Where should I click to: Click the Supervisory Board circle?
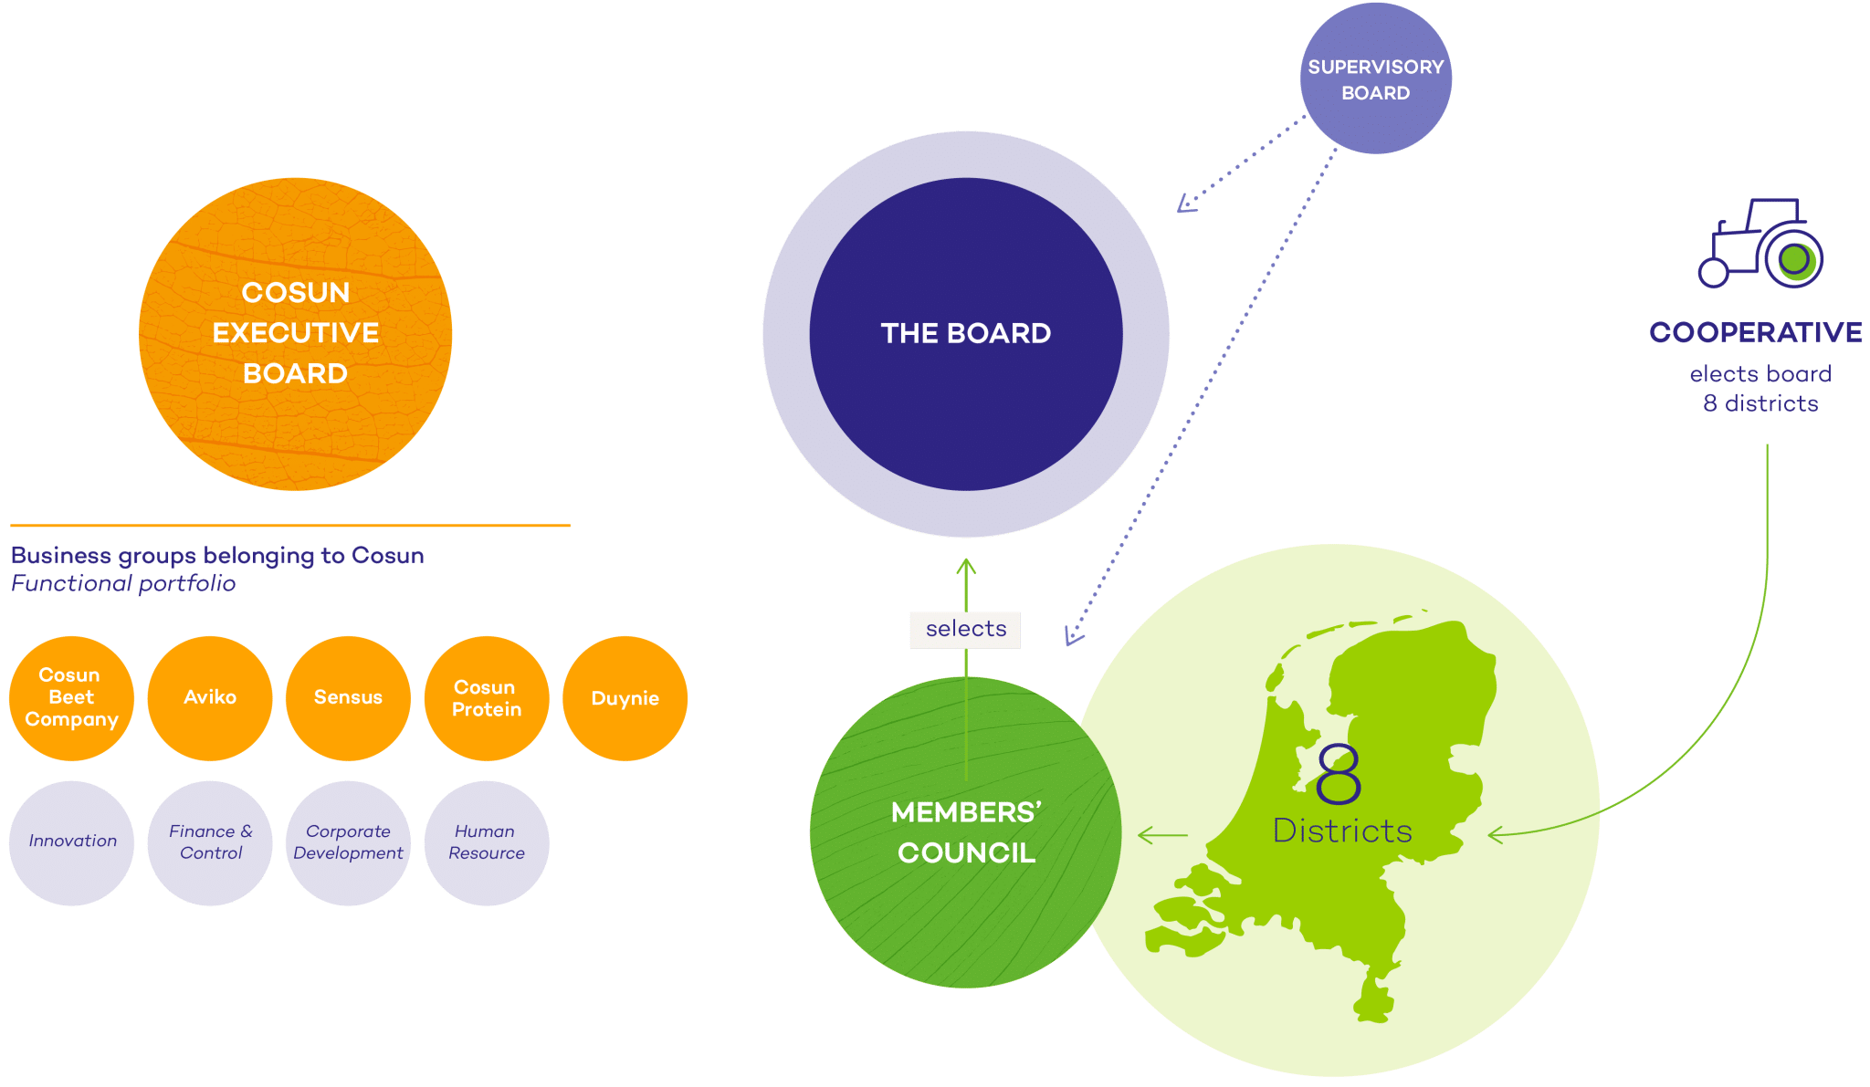tap(1375, 79)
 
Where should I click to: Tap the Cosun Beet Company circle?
tap(71, 698)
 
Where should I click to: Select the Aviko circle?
tap(210, 698)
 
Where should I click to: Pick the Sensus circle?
tap(348, 698)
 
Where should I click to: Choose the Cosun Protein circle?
tap(487, 698)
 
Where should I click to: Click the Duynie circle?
tap(625, 698)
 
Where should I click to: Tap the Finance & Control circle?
tap(210, 842)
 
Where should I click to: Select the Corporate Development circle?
tap(348, 842)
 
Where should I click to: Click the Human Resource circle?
tap(487, 842)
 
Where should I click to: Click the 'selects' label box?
tap(965, 630)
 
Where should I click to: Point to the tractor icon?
tap(1760, 245)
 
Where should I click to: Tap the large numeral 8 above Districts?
tap(1339, 773)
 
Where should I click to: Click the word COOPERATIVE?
tap(1756, 332)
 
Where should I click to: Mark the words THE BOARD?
tap(965, 334)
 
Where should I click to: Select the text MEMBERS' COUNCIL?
tap(966, 832)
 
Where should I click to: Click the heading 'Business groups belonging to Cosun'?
tap(217, 556)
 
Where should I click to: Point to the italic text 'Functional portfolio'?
tap(123, 584)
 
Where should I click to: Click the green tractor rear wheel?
tap(1794, 259)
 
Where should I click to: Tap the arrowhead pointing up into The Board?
tap(966, 566)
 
